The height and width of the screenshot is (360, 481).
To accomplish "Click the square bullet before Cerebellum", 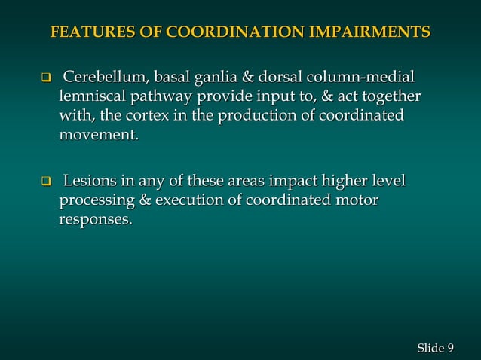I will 44,78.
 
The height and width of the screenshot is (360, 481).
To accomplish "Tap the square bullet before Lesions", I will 44,182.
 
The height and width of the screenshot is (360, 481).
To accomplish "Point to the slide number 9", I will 450,346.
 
